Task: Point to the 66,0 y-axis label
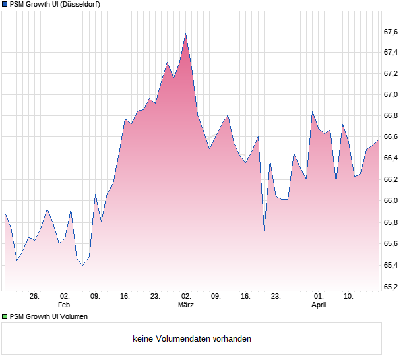391,201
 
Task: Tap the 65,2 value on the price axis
391,287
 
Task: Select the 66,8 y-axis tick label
391,116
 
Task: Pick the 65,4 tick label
391,265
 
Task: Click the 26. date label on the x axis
35,296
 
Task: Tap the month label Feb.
65,305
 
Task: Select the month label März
185,305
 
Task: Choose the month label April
319,305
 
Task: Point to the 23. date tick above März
155,296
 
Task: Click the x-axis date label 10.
349,296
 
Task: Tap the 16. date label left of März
125,296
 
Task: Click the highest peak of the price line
186,34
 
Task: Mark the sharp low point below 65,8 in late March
264,230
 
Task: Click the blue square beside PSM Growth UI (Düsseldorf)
5,5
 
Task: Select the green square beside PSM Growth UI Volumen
5,316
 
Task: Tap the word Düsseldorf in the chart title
79,5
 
